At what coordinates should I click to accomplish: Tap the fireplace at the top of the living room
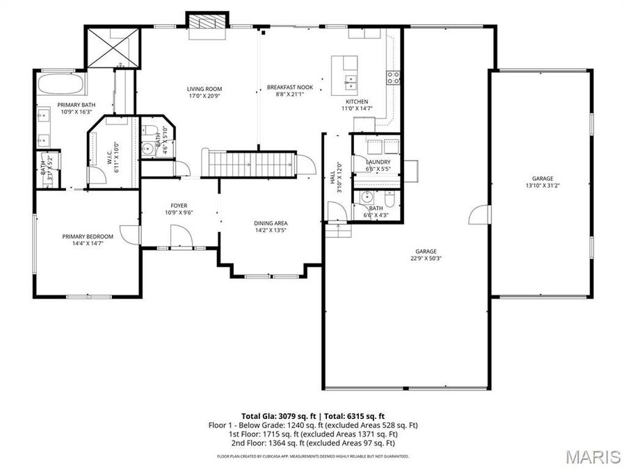207,21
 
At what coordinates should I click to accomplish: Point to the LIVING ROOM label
204,89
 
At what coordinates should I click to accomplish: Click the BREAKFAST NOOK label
290,88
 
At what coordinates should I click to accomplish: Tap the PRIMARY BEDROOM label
87,236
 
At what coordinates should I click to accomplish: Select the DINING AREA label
271,224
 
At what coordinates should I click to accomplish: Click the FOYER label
179,206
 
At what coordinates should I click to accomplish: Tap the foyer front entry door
182,239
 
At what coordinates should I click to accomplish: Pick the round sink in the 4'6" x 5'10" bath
147,148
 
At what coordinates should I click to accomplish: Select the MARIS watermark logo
593,456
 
